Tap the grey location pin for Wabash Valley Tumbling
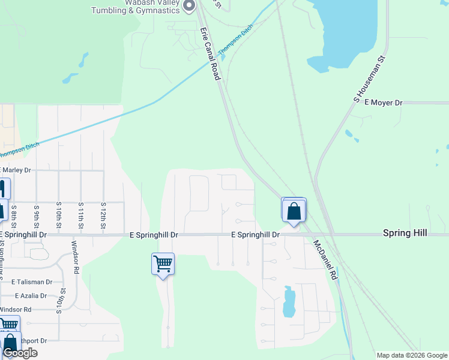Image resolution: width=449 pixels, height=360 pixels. coord(189,6)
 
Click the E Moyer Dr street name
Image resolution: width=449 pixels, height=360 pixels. coord(382,103)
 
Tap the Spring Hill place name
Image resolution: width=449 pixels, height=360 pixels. coord(406,233)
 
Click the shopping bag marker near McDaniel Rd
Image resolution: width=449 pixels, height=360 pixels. coord(294,211)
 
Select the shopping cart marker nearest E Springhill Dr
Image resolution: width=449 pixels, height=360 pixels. coord(163,264)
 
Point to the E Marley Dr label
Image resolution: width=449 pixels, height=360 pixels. coord(16,170)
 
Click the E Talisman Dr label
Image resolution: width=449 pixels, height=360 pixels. coord(31,281)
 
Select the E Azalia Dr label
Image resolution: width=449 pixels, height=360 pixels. coord(28,296)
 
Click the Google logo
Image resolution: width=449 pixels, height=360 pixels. coord(20,353)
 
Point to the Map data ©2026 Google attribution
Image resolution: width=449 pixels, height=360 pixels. coord(411,355)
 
